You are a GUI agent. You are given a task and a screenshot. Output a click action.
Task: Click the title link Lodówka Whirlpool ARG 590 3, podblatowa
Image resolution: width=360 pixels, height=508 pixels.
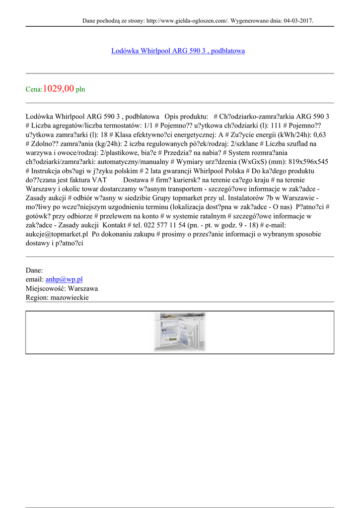178,51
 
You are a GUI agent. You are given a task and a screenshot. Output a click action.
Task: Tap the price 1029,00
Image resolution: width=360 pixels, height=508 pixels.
59,89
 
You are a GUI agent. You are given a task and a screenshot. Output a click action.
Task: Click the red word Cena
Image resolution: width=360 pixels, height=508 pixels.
34,90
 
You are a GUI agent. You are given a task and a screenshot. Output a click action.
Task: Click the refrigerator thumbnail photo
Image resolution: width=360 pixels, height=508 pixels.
179,332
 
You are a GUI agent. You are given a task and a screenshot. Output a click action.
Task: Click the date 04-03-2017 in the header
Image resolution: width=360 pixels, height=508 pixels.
297,21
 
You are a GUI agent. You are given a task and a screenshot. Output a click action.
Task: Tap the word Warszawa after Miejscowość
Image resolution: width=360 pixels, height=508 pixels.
83,288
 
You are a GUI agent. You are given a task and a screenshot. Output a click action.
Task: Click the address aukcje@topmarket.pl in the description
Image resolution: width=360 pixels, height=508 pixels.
57,234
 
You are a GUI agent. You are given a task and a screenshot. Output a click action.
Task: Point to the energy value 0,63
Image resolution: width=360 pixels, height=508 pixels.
323,134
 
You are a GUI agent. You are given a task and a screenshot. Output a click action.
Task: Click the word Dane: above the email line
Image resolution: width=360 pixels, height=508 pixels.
34,270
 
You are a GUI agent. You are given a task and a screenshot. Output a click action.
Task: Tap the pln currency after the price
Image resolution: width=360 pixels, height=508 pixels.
80,90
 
